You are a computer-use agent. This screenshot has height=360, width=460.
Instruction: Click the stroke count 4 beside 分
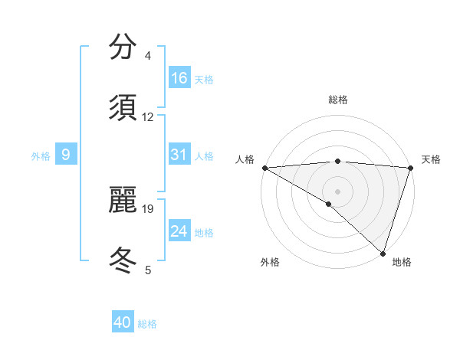click(x=147, y=56)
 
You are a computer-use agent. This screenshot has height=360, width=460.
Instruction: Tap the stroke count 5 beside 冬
click(x=147, y=270)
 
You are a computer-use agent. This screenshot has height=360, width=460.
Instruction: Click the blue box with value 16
click(x=179, y=78)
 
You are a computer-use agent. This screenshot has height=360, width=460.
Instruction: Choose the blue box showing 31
click(x=179, y=155)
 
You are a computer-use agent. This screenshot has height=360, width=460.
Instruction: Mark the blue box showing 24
click(x=179, y=231)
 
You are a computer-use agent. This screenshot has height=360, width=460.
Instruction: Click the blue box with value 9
click(x=66, y=155)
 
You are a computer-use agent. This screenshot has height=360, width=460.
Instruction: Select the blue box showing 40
click(x=123, y=322)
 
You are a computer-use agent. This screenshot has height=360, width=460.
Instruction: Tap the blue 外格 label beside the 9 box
click(x=41, y=156)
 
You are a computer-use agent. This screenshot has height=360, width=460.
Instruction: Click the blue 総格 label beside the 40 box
click(x=147, y=324)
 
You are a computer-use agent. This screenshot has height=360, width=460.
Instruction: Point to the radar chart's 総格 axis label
click(x=337, y=100)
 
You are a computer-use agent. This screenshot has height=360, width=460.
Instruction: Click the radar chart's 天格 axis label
click(x=432, y=159)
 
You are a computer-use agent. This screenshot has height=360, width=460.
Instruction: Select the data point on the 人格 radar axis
click(x=264, y=168)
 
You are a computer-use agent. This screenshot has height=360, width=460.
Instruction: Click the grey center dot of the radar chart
click(x=337, y=191)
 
